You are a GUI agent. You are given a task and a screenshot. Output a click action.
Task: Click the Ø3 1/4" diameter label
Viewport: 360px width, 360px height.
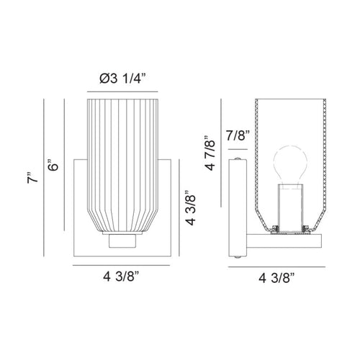coord(122,78)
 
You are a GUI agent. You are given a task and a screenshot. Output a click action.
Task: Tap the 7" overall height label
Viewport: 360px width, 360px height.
coord(32,177)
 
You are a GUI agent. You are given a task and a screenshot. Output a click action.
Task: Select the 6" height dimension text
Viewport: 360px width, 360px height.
coord(53,165)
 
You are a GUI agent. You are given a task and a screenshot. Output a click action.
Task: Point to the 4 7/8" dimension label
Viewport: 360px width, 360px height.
coord(210,153)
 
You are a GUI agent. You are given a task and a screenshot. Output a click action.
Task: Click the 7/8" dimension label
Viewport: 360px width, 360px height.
coord(238,135)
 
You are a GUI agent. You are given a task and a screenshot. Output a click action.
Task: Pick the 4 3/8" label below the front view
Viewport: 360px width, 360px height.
coord(121,276)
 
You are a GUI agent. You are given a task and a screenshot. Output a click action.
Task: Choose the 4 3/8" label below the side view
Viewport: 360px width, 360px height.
coord(276,278)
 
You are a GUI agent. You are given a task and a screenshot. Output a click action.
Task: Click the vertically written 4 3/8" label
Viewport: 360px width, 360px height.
coord(191,208)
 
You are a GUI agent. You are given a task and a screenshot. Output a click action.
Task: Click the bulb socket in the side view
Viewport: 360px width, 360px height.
coord(290,207)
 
